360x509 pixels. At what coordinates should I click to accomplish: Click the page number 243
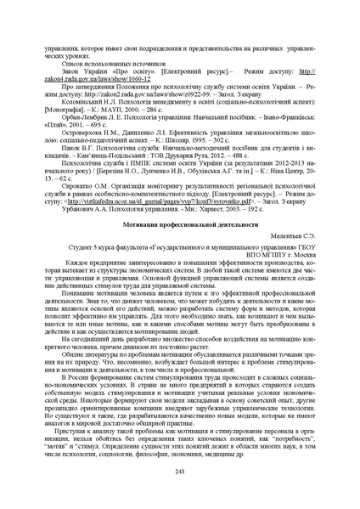[179, 471]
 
